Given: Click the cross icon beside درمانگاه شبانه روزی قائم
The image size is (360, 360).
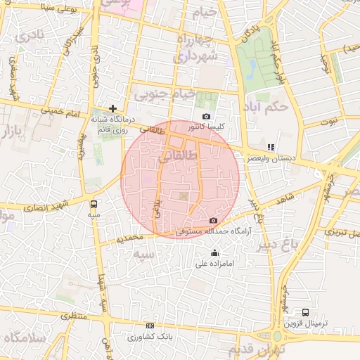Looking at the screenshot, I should coord(112,108).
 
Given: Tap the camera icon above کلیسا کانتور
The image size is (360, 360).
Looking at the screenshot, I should coord(206,116).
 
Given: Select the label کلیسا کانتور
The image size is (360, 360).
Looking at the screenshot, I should coord(206,127).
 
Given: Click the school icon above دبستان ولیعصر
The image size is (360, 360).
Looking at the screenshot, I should coord(271,147).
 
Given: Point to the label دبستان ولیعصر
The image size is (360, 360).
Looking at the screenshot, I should coord(271,159).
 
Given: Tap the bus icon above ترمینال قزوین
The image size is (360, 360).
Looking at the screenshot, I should coord(305,311).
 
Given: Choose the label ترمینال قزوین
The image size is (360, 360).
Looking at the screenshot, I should coord(307,324).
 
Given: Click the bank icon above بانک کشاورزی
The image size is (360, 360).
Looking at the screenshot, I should coord(149,326).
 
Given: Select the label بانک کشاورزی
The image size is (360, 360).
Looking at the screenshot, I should coord(150,337).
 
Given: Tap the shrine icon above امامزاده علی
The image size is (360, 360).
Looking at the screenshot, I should coord(214,252).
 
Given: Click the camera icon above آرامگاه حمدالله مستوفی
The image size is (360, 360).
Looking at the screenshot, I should coord(214,220).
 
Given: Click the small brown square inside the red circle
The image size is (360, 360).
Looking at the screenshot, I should coord(184,195).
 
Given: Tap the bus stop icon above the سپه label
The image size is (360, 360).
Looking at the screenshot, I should coord(94,204).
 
